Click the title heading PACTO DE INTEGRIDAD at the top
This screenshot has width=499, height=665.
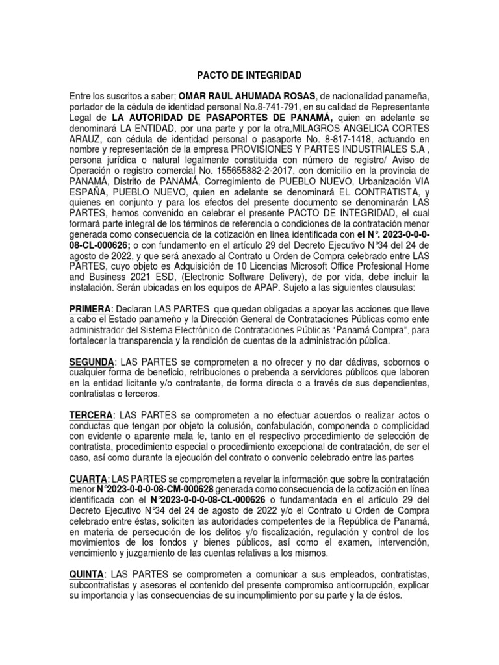coord(249,76)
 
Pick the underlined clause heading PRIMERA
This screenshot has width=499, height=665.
coord(90,308)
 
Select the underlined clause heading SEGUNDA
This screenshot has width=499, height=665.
coord(92,360)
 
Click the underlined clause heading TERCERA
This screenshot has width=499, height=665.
coord(90,414)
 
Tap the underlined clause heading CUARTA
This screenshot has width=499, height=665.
coord(88,479)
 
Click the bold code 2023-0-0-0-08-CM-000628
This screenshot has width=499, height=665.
coord(159,490)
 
